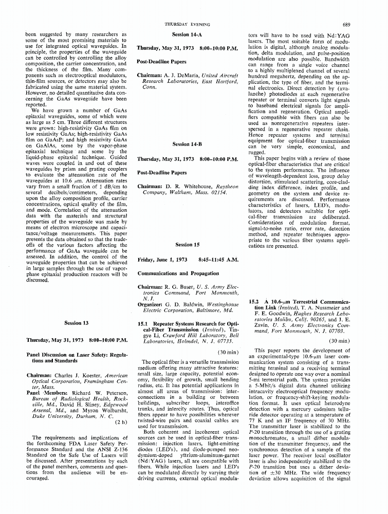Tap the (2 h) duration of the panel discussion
coord(120,423)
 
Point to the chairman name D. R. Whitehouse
coord(187,186)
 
